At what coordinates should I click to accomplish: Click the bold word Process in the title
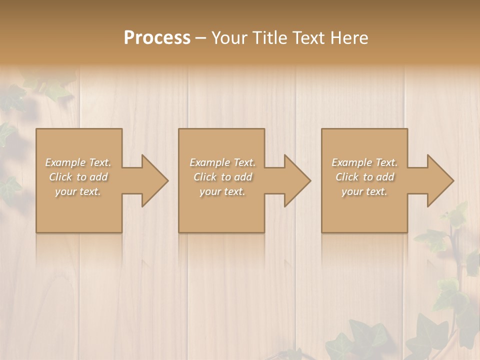(157, 38)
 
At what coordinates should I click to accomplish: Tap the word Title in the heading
(269, 38)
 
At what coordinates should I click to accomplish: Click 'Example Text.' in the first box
(78, 162)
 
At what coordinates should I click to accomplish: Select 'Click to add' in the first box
(78, 177)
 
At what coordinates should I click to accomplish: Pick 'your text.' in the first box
(78, 191)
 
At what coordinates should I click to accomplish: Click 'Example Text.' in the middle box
(222, 162)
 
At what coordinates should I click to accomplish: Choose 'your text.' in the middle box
(222, 191)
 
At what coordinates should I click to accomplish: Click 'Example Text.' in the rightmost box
(364, 162)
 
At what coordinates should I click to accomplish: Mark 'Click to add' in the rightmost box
(365, 177)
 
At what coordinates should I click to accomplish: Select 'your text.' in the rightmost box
(364, 191)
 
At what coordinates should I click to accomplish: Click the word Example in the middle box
(207, 162)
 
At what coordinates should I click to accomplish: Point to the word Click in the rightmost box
(345, 177)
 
